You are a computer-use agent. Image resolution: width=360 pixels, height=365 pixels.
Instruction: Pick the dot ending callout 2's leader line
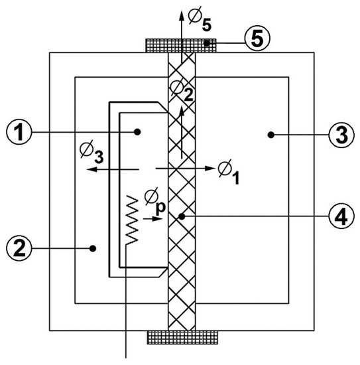pyautogui.click(x=93, y=248)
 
